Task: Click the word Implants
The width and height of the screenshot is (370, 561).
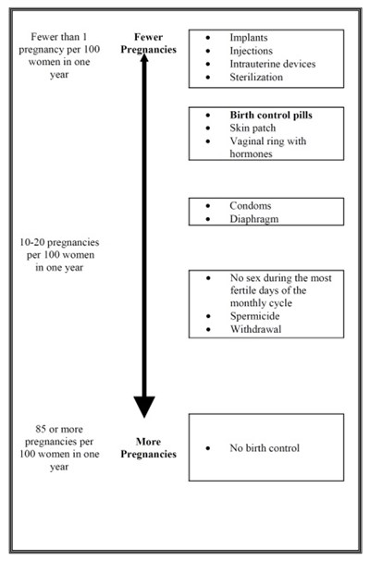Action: point(249,38)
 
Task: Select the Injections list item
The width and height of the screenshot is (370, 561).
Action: point(251,51)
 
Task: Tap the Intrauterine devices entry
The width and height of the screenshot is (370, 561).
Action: point(273,64)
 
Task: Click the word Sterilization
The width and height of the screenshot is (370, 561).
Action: point(256,78)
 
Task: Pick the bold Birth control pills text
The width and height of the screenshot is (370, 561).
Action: point(271,116)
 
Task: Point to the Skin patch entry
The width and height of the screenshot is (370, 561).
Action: point(253,128)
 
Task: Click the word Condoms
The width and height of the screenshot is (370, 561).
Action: point(251,206)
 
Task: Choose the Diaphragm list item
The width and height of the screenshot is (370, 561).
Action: point(254,219)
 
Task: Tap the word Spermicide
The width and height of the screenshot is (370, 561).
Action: point(254,316)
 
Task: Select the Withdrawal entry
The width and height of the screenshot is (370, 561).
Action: point(255,329)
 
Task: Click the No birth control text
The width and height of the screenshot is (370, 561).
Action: point(265,448)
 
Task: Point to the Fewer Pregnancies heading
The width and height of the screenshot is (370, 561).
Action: point(148,43)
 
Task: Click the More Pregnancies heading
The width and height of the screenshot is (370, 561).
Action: point(148,448)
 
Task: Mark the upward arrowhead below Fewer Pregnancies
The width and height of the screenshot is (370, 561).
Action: point(144,57)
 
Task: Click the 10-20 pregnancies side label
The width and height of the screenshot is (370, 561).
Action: point(59,255)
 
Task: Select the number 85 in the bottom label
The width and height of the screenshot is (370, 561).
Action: point(41,429)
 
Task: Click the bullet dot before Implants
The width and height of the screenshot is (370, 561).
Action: point(208,38)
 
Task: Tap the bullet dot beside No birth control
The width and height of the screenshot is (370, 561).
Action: point(208,448)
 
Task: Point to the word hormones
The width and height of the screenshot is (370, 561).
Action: point(251,153)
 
